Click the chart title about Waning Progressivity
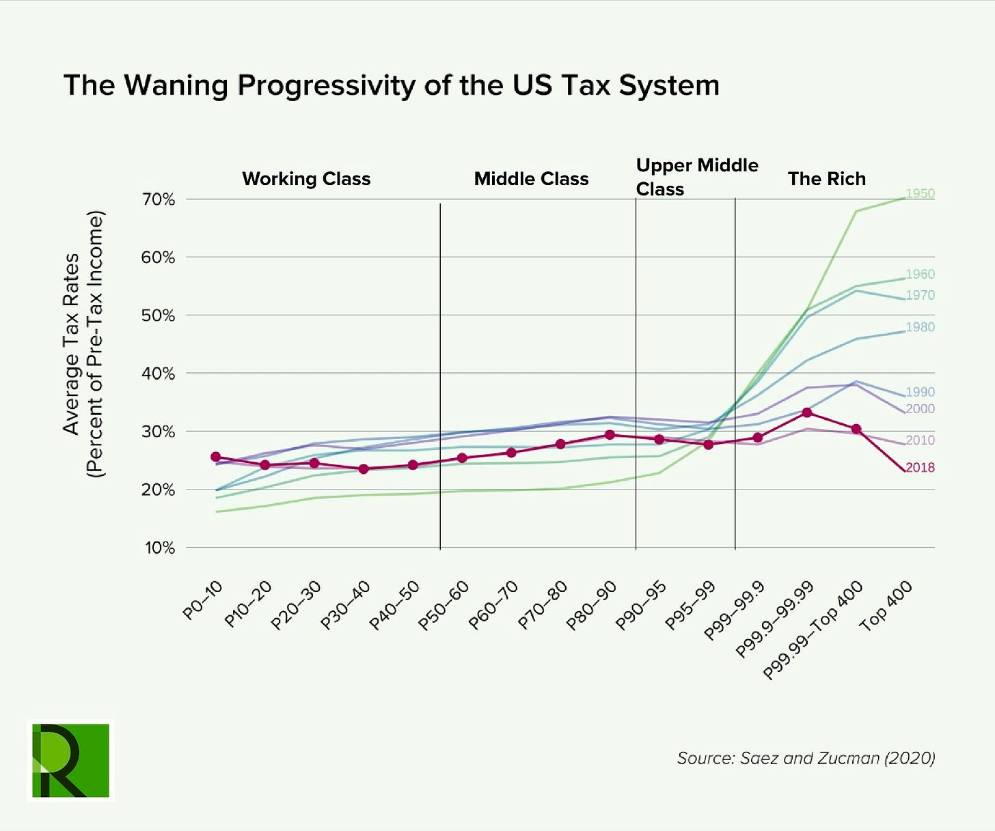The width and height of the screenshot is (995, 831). (x=391, y=86)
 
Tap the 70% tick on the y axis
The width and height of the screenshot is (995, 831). (x=159, y=199)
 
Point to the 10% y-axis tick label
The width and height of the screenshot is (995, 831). (x=159, y=548)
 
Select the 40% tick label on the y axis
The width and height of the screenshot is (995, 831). (x=159, y=374)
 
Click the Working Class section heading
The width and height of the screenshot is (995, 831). (x=306, y=179)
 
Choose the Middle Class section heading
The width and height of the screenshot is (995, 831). (x=531, y=179)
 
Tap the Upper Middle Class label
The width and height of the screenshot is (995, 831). (x=696, y=177)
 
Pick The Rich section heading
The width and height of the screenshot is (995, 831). (x=826, y=179)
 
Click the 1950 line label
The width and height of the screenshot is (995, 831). (x=920, y=193)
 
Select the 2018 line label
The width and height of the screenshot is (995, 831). (x=920, y=468)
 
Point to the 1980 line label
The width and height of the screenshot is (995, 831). (x=920, y=327)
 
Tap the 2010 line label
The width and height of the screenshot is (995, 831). (x=920, y=440)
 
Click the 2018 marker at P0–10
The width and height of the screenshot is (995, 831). (x=216, y=457)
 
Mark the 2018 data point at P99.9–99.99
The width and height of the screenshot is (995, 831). (x=807, y=412)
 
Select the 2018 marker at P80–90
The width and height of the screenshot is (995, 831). (x=610, y=435)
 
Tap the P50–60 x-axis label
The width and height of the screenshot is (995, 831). (x=444, y=606)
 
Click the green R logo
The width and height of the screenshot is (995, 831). (x=70, y=760)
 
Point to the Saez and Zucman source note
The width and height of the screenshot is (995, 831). (x=806, y=758)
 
